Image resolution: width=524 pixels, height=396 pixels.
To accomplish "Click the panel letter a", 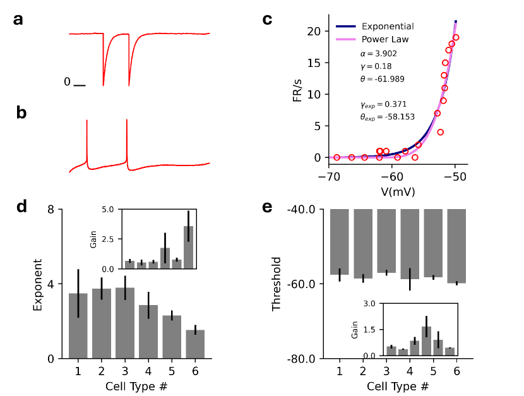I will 19,20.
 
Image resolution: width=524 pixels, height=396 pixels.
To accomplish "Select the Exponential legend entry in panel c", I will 388,27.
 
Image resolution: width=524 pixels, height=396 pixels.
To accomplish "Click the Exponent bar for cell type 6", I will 195,344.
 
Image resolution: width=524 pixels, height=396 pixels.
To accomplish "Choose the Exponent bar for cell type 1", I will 78,326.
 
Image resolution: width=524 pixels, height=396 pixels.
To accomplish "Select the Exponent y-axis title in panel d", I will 37,284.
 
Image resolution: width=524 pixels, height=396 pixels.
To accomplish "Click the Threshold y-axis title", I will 276,284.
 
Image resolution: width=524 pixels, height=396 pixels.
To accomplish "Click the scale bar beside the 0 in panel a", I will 79,84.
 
